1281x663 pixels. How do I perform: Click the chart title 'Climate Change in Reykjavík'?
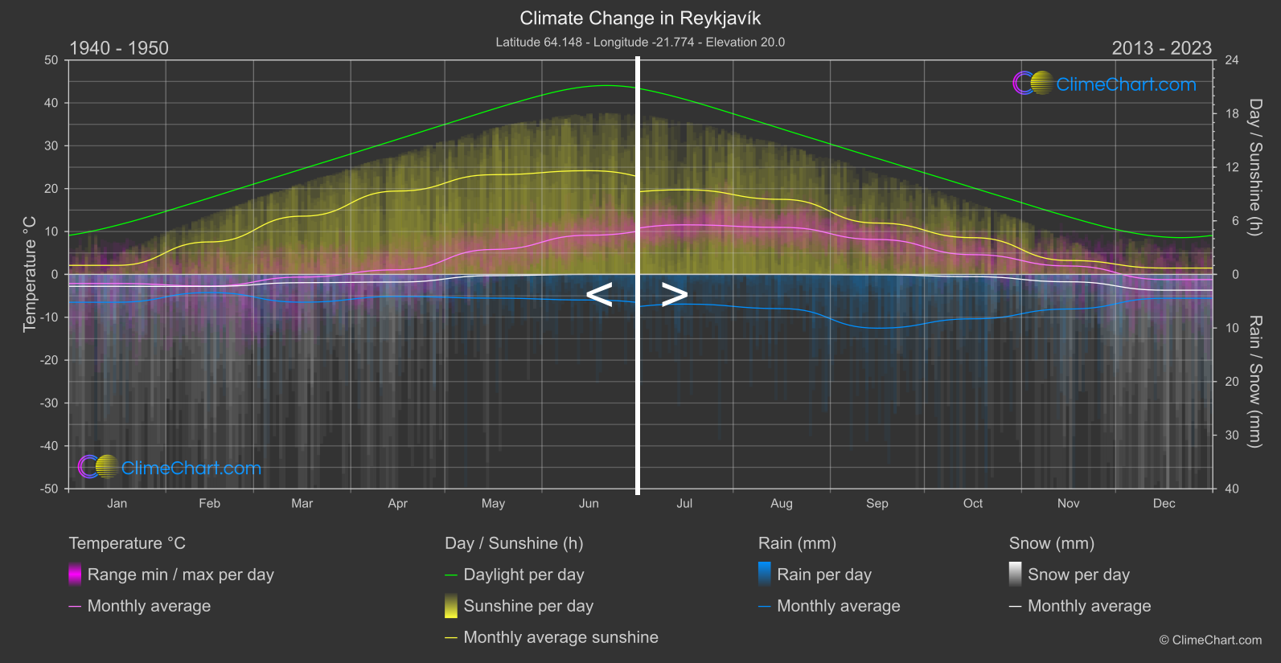(640, 18)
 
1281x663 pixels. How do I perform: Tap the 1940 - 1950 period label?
(119, 48)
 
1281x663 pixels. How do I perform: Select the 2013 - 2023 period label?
(1161, 48)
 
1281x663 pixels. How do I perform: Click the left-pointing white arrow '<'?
(599, 295)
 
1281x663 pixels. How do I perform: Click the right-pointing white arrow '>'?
(674, 295)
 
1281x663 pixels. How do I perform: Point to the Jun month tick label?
(589, 504)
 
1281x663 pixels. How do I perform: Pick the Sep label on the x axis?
(877, 504)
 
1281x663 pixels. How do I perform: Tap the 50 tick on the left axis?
(51, 60)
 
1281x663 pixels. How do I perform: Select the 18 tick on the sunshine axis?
(1232, 114)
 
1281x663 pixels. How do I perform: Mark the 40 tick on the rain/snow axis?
(1232, 489)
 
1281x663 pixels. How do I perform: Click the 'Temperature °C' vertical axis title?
(30, 274)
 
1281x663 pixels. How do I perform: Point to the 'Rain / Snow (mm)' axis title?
(1254, 382)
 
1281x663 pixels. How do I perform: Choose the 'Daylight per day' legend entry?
(523, 575)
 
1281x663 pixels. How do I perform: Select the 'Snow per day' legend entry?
(1078, 575)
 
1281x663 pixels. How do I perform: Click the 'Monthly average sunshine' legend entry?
(560, 637)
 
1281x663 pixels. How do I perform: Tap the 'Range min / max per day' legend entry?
(180, 575)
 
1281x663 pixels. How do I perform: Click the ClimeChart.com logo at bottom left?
(170, 468)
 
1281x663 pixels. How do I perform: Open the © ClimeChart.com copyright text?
(1210, 640)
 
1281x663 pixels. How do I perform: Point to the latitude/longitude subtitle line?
(640, 42)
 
